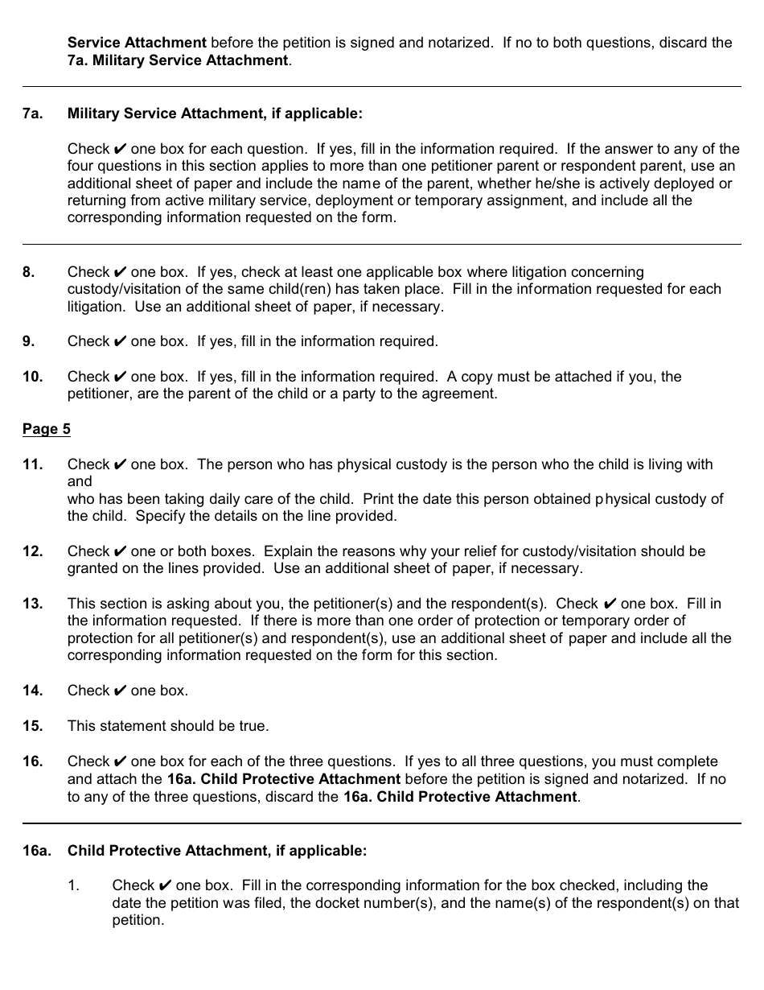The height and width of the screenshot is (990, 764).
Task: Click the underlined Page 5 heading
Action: tap(47, 429)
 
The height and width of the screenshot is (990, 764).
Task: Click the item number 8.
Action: tap(29, 272)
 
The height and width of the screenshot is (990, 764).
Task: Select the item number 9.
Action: tap(29, 341)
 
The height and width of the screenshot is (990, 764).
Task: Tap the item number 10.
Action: tap(32, 377)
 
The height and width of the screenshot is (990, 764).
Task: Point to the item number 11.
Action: tap(32, 464)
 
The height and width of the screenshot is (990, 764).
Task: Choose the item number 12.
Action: tap(32, 551)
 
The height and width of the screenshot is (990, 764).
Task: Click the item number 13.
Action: tap(32, 604)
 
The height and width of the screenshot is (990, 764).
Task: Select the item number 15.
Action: tap(32, 726)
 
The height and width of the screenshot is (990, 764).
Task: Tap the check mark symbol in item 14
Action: tap(120, 691)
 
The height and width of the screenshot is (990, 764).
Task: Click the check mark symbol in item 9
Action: tap(120, 341)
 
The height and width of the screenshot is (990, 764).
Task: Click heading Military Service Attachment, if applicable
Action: tap(215, 113)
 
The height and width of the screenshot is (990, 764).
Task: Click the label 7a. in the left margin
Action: tap(32, 113)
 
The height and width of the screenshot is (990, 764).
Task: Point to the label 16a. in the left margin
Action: tap(36, 850)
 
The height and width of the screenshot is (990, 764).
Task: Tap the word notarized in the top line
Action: tap(461, 43)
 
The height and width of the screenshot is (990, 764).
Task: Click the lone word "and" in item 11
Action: tap(80, 481)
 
